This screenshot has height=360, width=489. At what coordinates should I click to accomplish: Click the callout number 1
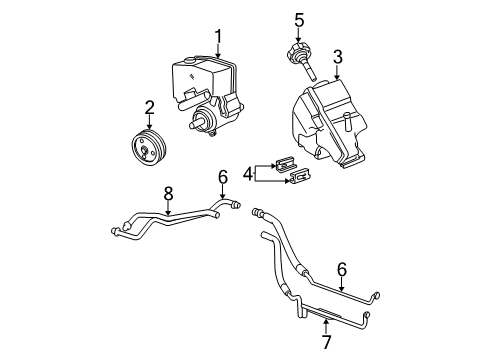click(x=217, y=38)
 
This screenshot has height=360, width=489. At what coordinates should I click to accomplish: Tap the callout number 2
click(x=150, y=106)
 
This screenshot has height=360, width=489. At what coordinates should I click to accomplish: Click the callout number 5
click(x=298, y=18)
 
